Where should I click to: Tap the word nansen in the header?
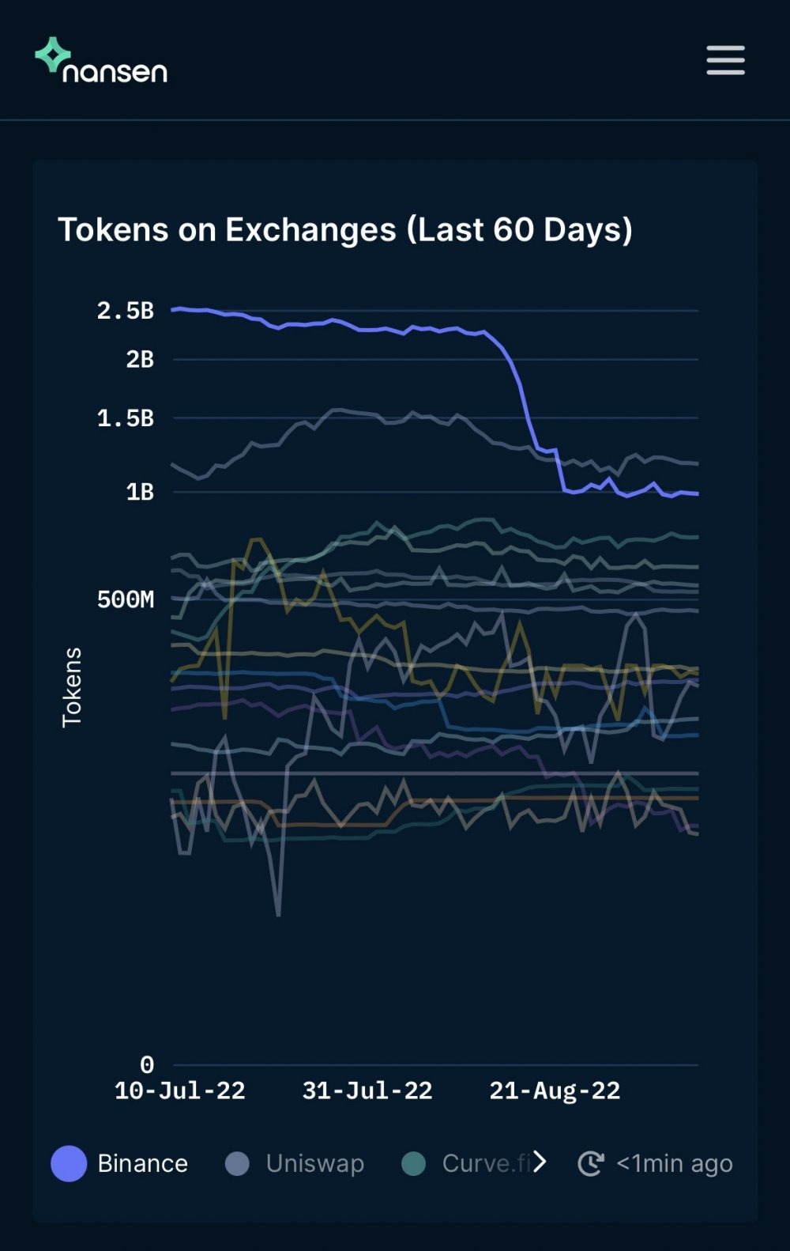coord(115,72)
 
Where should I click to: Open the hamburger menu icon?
coord(725,60)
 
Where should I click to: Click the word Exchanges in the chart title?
coord(310,230)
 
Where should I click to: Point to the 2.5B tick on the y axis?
coord(125,311)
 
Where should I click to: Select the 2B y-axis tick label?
coord(140,360)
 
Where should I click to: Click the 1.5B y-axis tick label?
coord(125,418)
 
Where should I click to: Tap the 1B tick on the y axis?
coord(140,492)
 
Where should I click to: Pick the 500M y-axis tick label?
coord(125,599)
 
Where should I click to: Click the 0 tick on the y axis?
coord(147,1064)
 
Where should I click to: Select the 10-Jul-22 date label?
coord(180,1091)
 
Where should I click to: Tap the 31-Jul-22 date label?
coord(367,1091)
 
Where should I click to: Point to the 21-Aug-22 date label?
coord(555,1091)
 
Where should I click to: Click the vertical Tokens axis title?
coord(72,687)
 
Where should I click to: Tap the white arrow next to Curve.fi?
coord(540,1162)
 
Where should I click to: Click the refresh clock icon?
coord(591,1163)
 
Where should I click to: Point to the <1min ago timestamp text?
coord(675,1163)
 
